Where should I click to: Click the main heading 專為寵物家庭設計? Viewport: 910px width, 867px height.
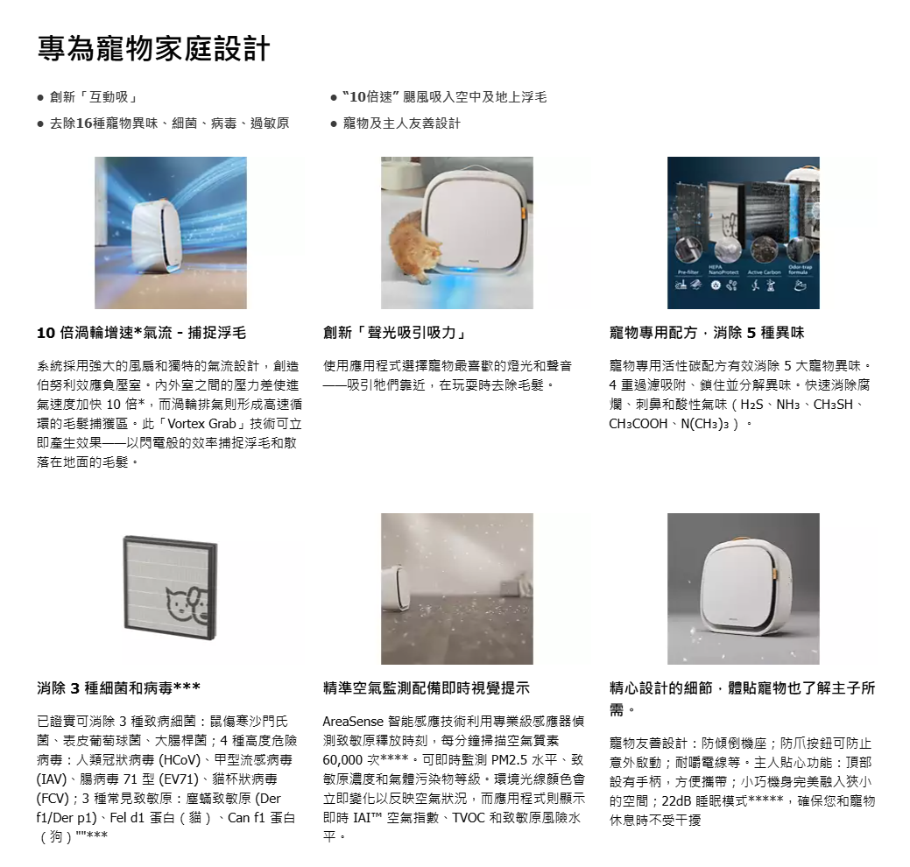point(154,48)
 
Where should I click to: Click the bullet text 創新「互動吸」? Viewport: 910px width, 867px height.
point(94,97)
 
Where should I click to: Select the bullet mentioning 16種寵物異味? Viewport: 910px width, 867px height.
point(169,123)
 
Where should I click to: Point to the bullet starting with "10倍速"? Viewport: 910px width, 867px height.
point(445,97)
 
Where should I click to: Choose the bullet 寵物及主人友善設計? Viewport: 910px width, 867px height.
point(402,123)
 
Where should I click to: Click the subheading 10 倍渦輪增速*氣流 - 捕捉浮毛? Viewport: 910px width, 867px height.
point(142,333)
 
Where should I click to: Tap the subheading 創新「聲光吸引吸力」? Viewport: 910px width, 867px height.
point(396,333)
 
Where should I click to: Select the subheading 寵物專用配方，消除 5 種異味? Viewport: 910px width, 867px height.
point(707,333)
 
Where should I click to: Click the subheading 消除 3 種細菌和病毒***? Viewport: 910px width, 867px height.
point(119,688)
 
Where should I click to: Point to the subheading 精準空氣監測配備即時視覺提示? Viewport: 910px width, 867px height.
point(427,688)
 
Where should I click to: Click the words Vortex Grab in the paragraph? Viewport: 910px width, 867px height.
point(202,424)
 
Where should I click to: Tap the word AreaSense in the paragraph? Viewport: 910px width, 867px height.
point(354,722)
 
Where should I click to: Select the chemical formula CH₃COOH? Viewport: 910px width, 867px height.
point(638,424)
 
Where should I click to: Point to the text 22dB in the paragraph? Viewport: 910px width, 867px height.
point(676,801)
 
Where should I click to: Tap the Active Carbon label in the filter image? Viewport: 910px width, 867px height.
point(764,272)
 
